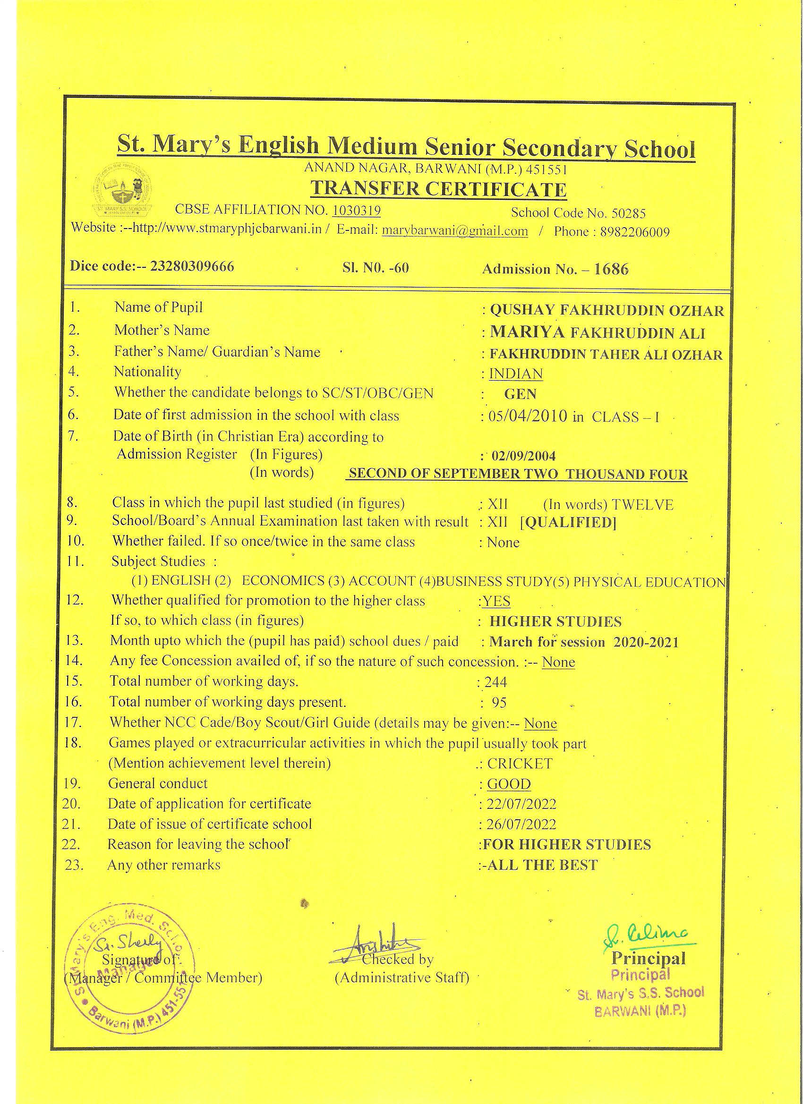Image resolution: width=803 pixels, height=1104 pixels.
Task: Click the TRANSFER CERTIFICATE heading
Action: point(438,189)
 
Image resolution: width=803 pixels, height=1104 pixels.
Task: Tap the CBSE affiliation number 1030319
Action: point(357,210)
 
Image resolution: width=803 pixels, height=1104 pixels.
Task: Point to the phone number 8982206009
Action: point(634,233)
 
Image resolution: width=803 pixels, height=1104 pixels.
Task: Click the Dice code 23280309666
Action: point(192,266)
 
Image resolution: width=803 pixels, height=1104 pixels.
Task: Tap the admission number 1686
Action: point(611,269)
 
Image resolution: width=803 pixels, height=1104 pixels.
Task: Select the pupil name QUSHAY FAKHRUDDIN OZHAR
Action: point(607,311)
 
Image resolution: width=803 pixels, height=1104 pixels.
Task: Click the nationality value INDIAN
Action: point(516,374)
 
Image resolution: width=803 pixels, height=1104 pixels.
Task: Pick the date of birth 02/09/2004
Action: point(523,456)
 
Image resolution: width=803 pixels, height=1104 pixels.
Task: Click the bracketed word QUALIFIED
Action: point(568,523)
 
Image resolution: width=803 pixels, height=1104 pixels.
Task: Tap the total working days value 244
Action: point(495,682)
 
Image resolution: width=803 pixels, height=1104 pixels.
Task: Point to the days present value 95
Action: point(499,703)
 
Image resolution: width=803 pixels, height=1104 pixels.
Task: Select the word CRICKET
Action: point(520,763)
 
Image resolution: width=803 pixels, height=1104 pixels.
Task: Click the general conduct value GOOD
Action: point(509,784)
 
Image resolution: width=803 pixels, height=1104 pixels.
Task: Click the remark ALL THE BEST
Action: point(542,865)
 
